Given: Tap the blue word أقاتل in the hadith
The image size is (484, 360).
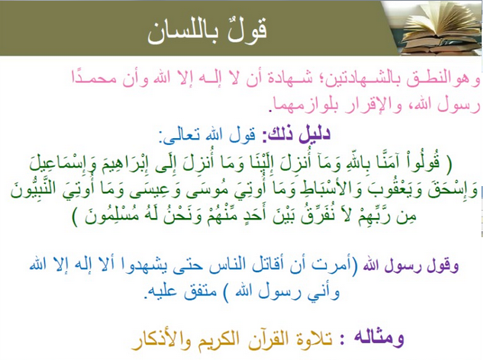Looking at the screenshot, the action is tap(271, 265).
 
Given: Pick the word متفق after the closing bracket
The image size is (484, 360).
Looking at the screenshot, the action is tap(200, 291).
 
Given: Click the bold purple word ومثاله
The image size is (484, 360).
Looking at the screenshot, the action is tap(379, 339).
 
